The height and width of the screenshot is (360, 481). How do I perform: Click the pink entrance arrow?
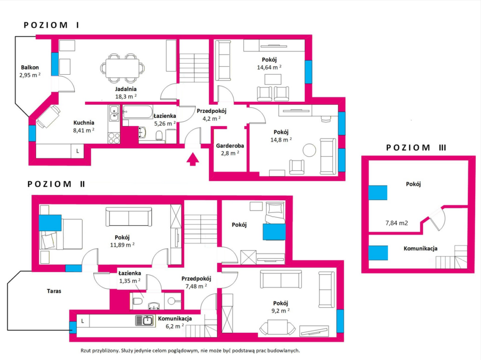[192, 159]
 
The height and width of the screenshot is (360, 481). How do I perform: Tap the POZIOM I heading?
[52, 25]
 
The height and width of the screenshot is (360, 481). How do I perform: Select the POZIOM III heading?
[416, 148]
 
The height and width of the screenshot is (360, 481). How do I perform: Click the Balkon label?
[30, 68]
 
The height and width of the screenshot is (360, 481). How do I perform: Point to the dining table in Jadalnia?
[123, 68]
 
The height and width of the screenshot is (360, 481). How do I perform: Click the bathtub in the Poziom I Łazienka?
[138, 112]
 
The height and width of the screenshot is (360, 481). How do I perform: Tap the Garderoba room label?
[230, 146]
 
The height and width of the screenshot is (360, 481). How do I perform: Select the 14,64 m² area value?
[269, 67]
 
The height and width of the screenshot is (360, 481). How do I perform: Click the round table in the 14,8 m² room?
[309, 150]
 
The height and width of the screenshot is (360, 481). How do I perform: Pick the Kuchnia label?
[84, 123]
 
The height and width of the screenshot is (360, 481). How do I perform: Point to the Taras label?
[54, 291]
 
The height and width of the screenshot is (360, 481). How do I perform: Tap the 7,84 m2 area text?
[396, 223]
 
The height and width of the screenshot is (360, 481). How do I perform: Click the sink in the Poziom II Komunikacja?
[145, 321]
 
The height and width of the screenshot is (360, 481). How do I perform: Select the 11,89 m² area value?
[122, 245]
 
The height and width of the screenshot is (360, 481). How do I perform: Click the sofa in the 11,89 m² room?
[129, 217]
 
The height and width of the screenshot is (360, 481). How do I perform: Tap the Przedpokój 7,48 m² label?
[196, 282]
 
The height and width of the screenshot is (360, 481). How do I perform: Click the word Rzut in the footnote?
[86, 351]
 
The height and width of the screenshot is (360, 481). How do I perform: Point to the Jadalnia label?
[126, 89]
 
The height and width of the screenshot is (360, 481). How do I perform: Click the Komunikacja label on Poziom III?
[420, 249]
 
